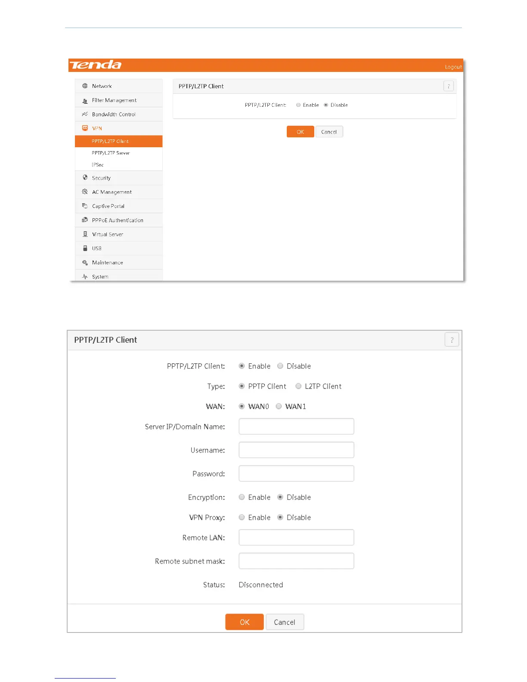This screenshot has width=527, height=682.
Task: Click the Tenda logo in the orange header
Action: point(96,65)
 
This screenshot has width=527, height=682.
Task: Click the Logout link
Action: point(453,67)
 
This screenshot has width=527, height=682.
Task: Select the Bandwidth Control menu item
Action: point(114,115)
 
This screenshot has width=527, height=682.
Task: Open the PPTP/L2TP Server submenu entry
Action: point(111,153)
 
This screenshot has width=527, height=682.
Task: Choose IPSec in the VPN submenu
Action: point(98,165)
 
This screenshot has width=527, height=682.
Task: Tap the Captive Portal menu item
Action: point(108,206)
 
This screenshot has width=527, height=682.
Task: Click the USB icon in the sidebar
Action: point(85,248)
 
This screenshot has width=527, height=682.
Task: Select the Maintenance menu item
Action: point(107,263)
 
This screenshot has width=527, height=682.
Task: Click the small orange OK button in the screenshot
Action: point(300,132)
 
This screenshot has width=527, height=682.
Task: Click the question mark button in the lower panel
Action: point(452,340)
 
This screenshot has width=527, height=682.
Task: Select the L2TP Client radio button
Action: point(298,386)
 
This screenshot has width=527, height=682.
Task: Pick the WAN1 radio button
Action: point(279,406)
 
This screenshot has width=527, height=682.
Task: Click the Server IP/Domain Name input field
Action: point(296,427)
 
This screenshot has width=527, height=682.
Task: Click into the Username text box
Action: point(296,450)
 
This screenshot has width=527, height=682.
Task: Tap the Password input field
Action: point(296,474)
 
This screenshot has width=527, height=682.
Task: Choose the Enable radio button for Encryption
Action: point(242,497)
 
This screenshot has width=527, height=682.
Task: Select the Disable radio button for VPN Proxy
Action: point(280,518)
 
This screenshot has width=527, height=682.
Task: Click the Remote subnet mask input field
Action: point(296,561)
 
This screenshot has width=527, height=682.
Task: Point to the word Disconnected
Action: point(260,585)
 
